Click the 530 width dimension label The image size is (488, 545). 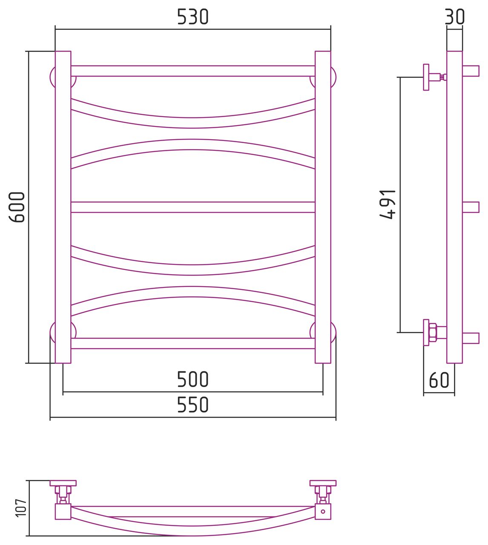tap(192, 17)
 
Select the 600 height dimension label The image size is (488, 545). tap(17, 207)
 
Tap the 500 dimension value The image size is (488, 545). tap(192, 379)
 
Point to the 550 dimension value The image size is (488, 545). tap(192, 404)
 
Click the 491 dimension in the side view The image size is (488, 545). tap(388, 204)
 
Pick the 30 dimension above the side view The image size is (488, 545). tap(455, 17)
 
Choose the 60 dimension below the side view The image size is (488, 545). tap(439, 380)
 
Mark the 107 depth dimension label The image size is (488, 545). tap(21, 508)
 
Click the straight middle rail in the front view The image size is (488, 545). tap(193, 207)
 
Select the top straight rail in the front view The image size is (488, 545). tap(193, 71)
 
